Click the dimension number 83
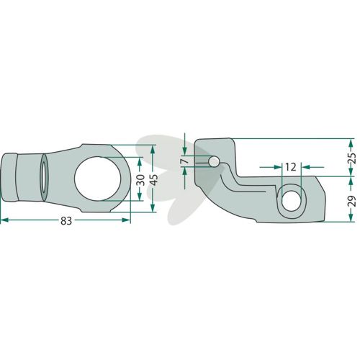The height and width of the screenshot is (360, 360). click(66, 221)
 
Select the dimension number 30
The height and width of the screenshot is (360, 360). click(141, 180)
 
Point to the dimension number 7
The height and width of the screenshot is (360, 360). click(186, 161)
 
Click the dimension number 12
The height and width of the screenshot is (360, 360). click(291, 167)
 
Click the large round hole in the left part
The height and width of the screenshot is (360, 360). click(97, 179)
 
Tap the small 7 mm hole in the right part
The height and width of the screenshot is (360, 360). click(214, 161)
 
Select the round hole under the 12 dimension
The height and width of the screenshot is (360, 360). click(292, 201)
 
